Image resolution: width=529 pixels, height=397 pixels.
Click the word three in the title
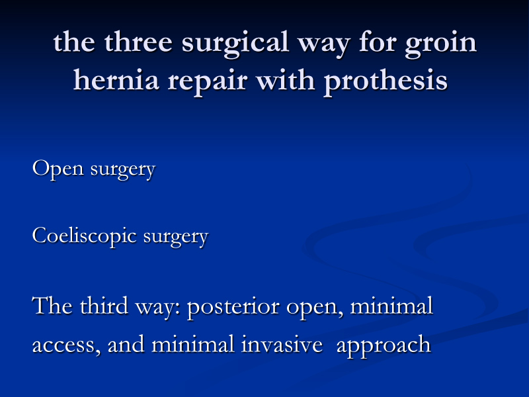138,42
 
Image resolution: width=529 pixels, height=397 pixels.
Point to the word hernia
116,80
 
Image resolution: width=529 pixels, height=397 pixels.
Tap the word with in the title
286,80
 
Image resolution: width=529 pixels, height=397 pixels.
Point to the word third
104,306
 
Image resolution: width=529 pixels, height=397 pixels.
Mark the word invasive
282,344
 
